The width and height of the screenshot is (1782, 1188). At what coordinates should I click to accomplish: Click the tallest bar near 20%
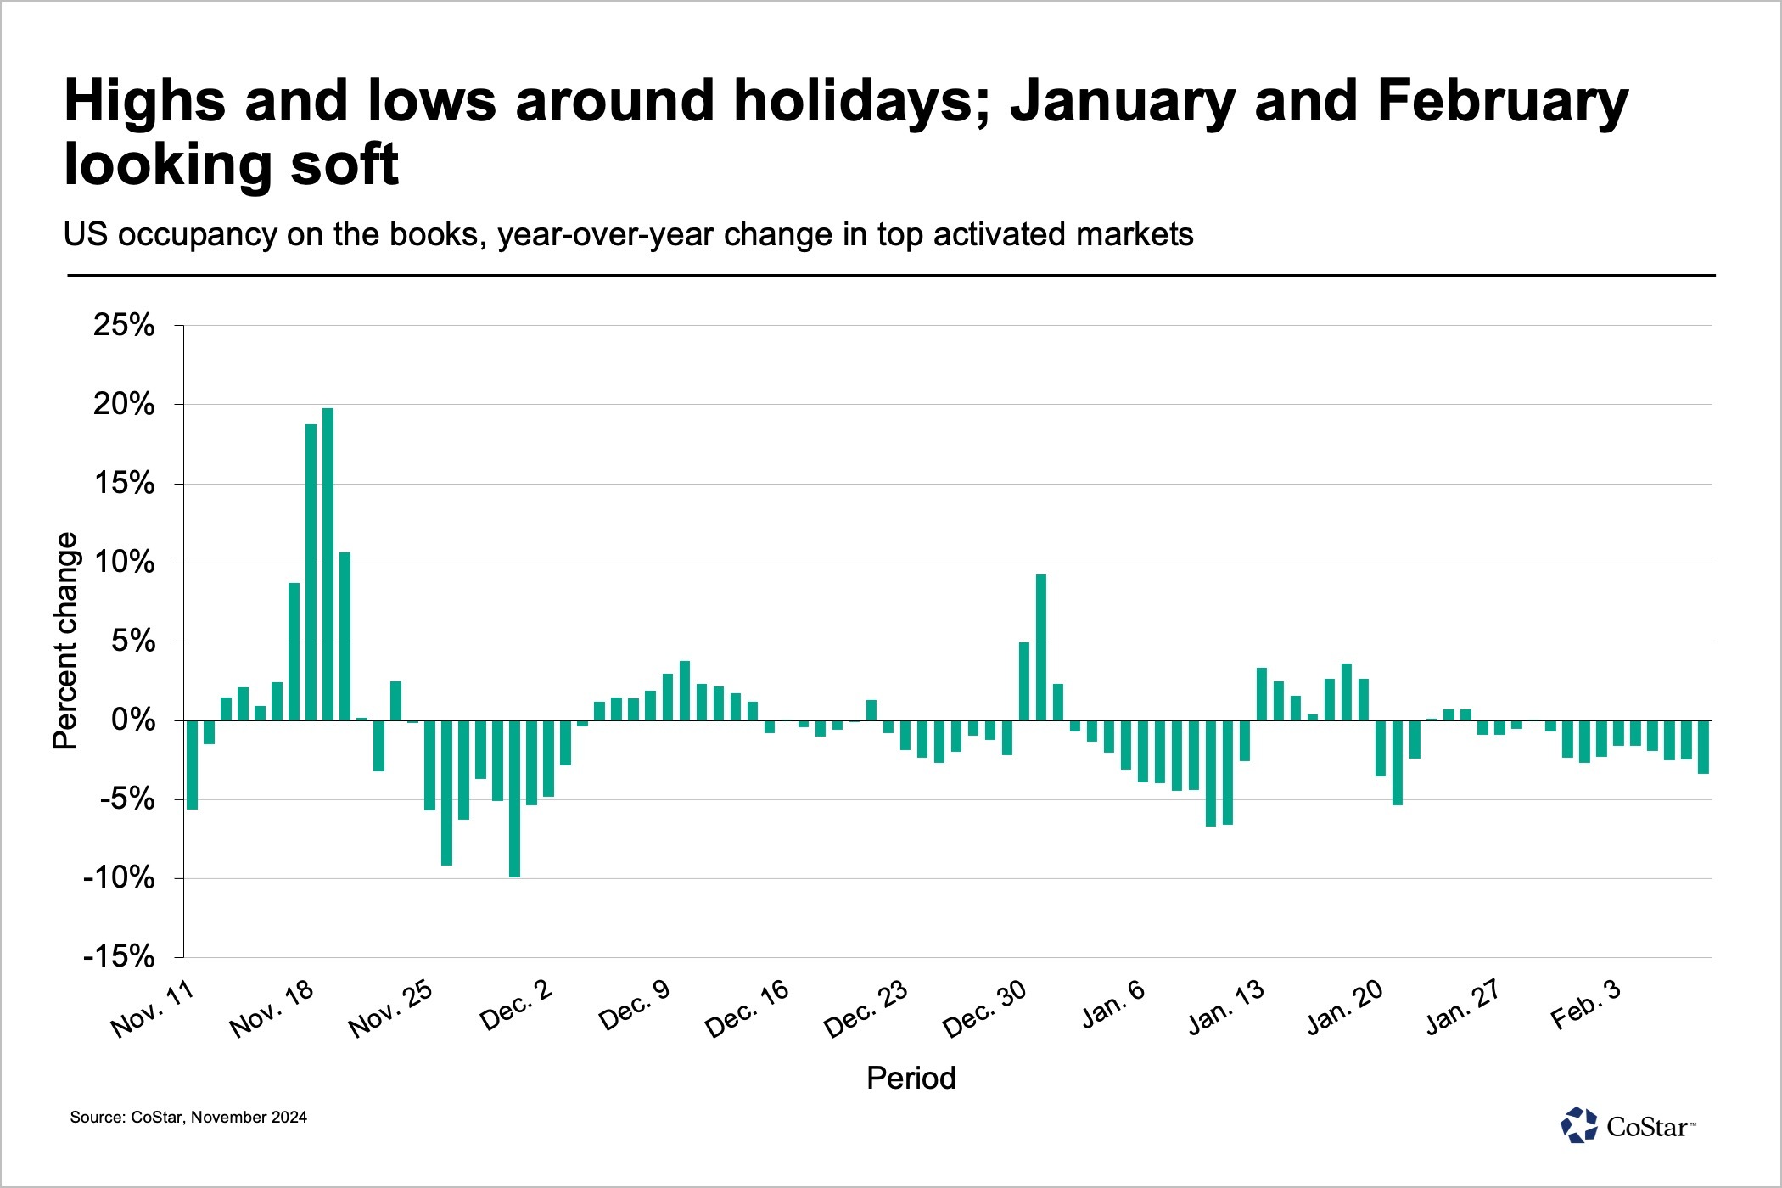coord(328,564)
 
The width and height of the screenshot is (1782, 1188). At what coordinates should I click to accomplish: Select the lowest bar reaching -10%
coord(514,799)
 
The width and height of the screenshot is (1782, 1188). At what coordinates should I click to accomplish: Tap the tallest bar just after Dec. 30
coord(1041,647)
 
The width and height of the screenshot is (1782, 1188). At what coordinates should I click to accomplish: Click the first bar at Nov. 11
coord(193,765)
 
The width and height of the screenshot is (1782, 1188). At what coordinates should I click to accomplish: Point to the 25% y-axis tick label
coord(124,325)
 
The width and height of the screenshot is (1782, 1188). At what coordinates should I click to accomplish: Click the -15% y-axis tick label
coord(119,957)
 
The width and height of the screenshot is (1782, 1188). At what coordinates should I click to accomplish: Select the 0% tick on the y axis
coord(133,720)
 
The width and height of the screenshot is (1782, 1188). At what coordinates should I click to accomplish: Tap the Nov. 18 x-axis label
coord(272,1009)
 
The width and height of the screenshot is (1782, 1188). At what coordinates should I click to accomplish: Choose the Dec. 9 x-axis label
coord(635,1006)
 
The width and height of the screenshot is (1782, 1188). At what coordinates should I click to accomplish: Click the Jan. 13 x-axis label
coord(1226,1007)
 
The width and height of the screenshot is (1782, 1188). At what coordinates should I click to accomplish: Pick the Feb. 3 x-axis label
coord(1586,1004)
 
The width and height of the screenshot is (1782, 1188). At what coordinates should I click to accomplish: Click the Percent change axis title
coord(65,642)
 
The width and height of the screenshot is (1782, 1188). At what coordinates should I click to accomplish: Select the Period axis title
coord(911,1078)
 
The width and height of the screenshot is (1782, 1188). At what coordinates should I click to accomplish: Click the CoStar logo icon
coord(1579,1126)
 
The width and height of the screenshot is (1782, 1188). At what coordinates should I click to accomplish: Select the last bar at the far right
coord(1703,747)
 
